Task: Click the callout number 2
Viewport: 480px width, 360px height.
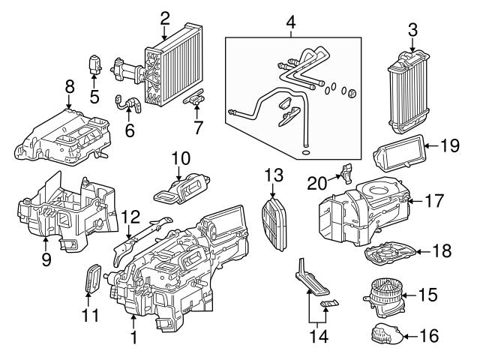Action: pos(164,16)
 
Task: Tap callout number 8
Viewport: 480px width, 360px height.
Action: pos(70,87)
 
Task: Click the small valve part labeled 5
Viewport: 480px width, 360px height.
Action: pos(95,63)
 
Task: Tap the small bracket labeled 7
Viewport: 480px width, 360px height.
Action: pos(194,97)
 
